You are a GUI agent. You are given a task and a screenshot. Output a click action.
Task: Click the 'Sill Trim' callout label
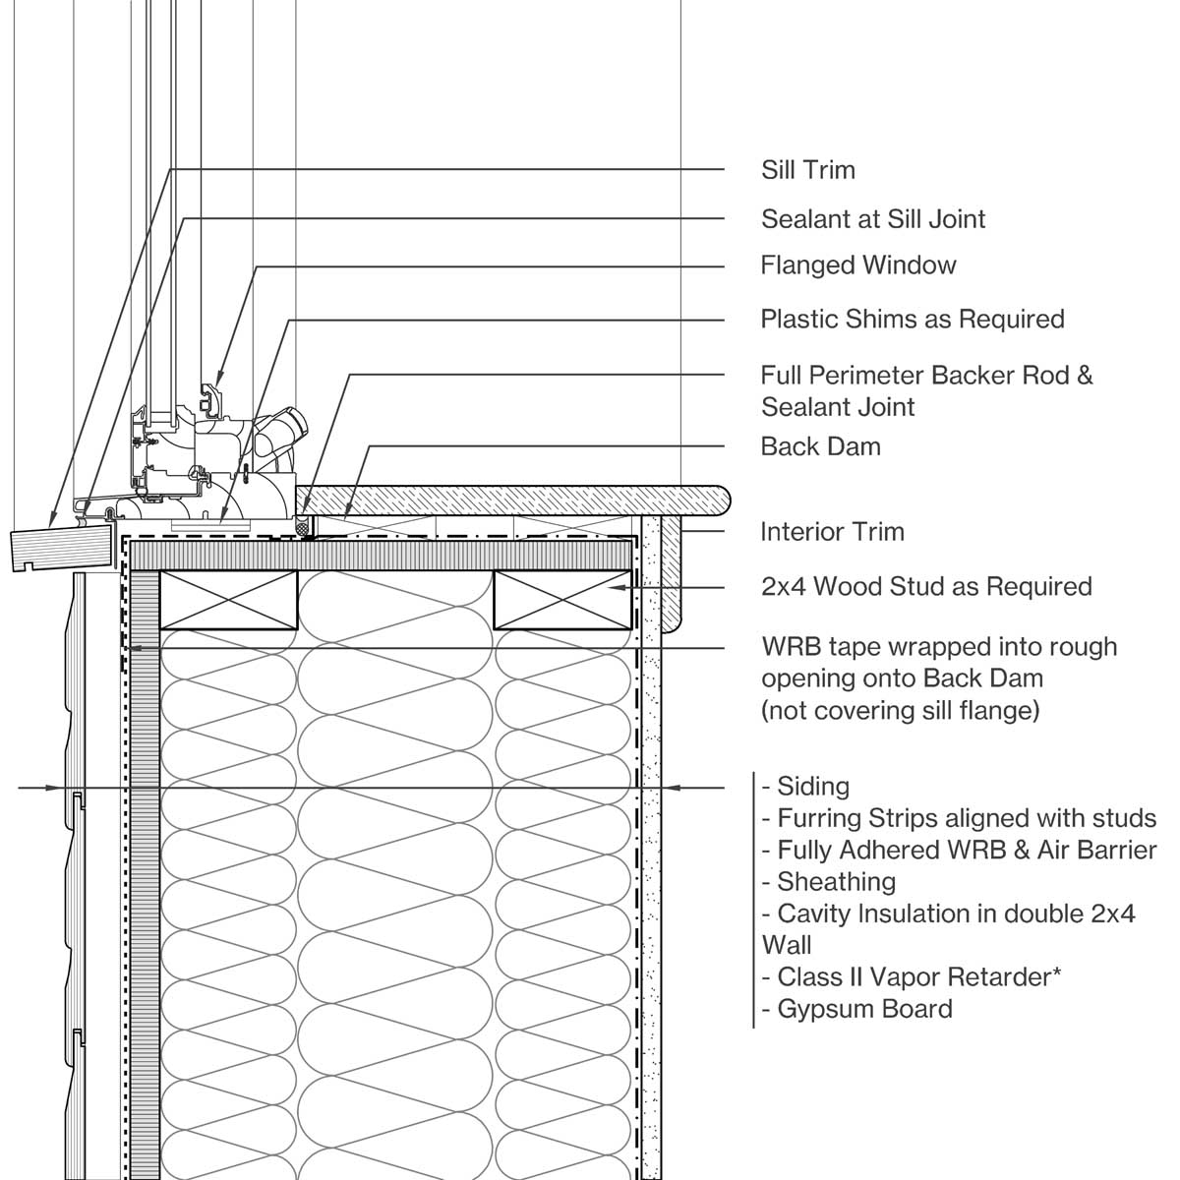(x=807, y=170)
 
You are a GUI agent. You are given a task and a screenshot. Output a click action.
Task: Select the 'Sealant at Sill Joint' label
(x=872, y=218)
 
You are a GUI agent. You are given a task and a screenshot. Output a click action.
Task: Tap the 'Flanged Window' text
(x=857, y=265)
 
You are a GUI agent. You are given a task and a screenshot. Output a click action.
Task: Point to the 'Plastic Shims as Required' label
(x=912, y=320)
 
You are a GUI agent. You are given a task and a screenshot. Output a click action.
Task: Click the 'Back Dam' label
(x=820, y=446)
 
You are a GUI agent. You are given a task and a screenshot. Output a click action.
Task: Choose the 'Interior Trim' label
(x=831, y=532)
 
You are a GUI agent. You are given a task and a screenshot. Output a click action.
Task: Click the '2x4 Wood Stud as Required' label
(x=925, y=587)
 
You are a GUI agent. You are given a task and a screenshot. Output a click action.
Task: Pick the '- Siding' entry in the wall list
(x=805, y=787)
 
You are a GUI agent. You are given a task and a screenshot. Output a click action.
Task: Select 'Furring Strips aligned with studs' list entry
(x=959, y=818)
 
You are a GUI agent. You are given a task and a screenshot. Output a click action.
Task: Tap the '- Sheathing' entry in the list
(x=829, y=882)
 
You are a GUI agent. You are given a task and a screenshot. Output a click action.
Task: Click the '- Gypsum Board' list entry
(x=856, y=1009)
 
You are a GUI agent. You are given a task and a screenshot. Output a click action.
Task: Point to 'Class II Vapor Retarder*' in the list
(x=912, y=977)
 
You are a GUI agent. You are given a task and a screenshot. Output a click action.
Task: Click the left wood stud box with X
(x=228, y=599)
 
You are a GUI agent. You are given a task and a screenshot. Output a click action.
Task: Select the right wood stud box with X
(x=561, y=599)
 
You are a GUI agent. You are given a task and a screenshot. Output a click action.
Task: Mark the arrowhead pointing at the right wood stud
(x=619, y=587)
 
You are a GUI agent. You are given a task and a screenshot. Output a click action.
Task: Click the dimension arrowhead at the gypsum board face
(x=670, y=788)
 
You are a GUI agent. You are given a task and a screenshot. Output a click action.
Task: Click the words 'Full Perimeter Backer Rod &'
(x=925, y=376)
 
